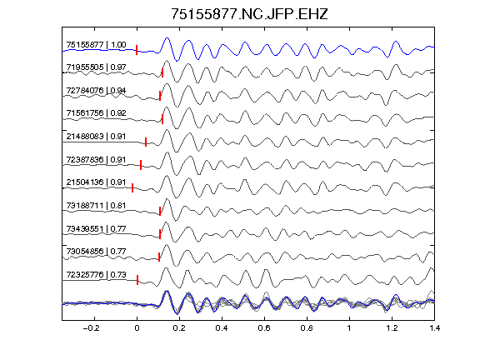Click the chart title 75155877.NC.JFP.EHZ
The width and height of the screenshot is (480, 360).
coord(249,14)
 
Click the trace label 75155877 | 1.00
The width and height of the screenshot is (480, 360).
coord(96,45)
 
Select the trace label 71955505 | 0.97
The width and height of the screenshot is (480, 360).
coord(96,67)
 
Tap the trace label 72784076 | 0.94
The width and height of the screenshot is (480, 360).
coord(96,91)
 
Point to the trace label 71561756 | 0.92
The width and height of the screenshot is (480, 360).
coord(96,113)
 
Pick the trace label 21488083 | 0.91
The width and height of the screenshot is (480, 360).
coord(96,136)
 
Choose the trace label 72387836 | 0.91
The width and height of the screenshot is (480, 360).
coord(96,160)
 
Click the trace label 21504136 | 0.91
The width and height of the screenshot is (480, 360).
coord(96,182)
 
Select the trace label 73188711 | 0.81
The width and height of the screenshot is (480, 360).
coord(96,205)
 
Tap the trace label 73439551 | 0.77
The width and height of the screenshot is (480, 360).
coord(96,229)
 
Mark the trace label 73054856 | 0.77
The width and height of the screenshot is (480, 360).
coord(96,252)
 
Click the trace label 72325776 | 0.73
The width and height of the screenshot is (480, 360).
coord(96,275)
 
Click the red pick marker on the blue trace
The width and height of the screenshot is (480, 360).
coord(137,50)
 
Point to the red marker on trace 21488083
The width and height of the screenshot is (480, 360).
coord(146,142)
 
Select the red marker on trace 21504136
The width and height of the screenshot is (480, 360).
coord(132,188)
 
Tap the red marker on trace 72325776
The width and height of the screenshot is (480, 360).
coord(137,280)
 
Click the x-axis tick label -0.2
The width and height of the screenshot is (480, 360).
coord(92,328)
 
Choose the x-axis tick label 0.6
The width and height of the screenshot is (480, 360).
coord(264,328)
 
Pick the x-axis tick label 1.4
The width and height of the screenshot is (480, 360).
coord(434,328)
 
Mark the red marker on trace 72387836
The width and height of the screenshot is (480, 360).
coord(141,165)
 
